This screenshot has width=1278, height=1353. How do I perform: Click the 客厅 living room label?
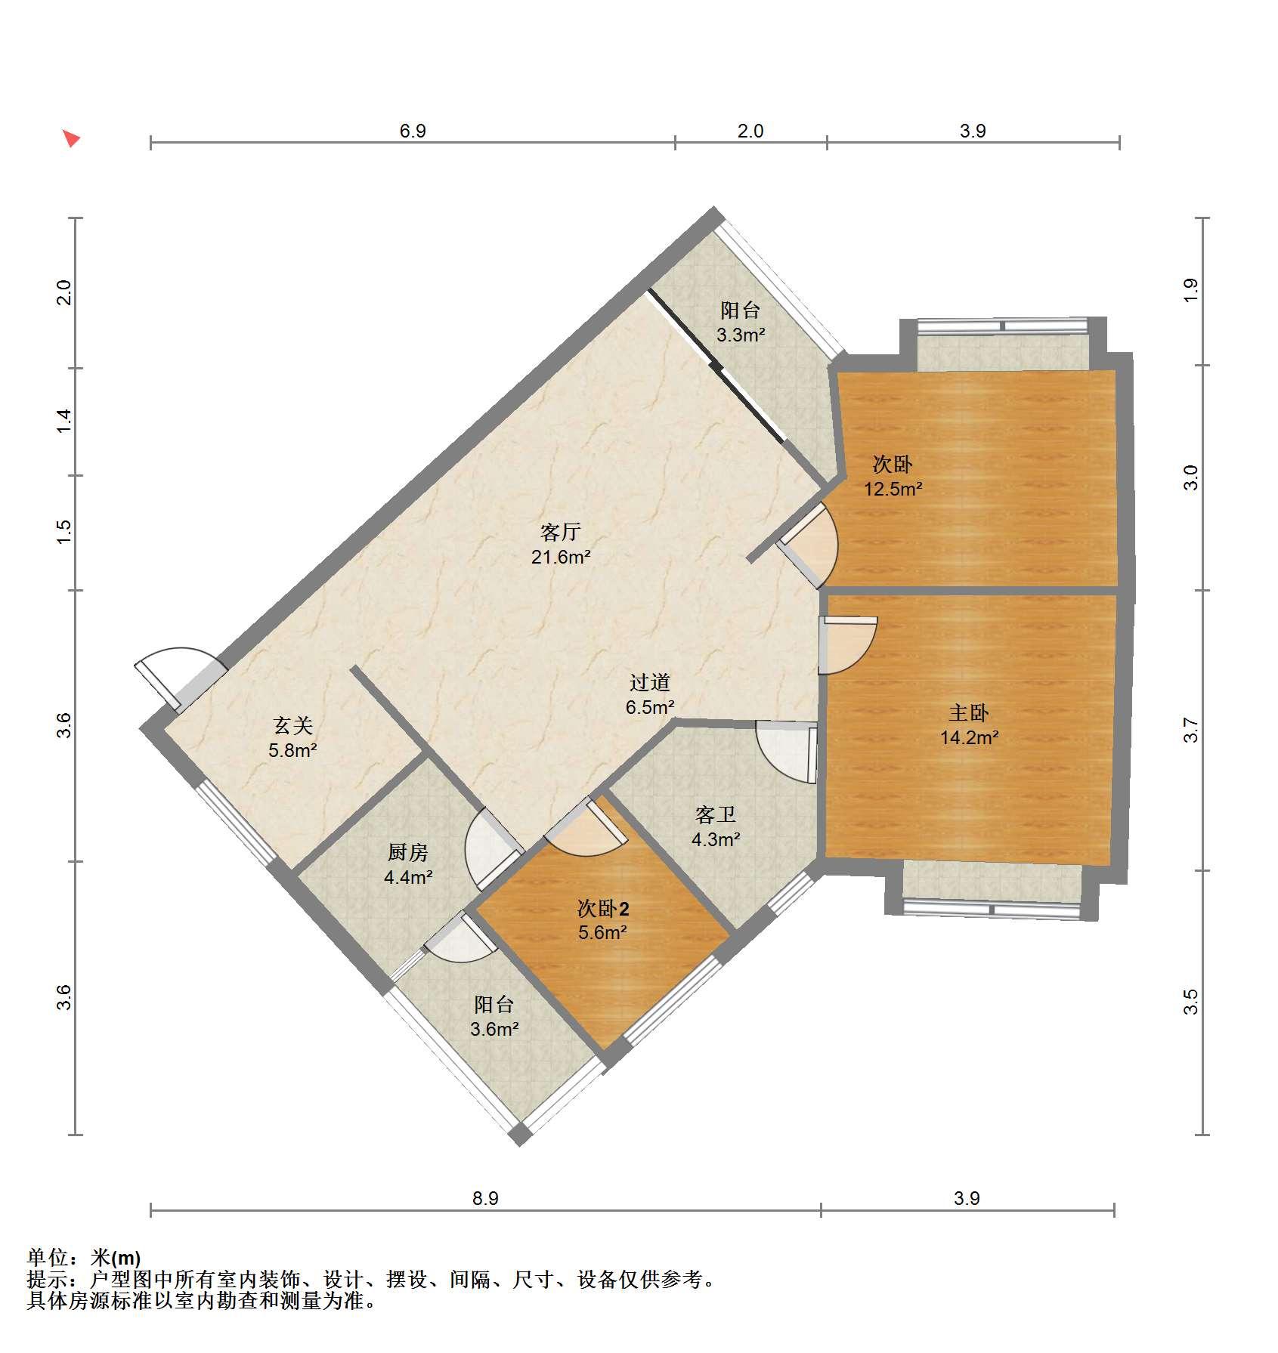click(560, 532)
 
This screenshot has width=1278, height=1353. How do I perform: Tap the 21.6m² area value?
click(560, 558)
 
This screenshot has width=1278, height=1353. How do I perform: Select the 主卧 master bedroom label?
click(969, 712)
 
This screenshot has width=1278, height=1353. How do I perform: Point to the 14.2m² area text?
click(969, 738)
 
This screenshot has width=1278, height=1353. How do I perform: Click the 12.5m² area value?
click(893, 489)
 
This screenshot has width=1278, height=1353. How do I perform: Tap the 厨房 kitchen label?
click(408, 852)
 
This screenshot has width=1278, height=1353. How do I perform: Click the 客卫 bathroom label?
click(715, 814)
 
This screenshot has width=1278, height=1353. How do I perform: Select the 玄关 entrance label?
click(292, 725)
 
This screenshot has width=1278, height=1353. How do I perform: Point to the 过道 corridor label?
click(650, 682)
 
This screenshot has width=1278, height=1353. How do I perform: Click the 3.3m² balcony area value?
click(741, 335)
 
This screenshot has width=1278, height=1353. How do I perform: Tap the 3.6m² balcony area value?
click(494, 1029)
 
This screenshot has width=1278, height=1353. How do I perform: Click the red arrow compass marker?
click(71, 138)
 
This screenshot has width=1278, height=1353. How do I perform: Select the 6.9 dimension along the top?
click(413, 131)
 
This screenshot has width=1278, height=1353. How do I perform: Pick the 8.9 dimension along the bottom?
click(485, 1197)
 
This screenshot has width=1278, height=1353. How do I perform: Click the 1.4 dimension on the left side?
click(65, 420)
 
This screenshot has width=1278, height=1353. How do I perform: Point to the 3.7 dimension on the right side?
click(1191, 730)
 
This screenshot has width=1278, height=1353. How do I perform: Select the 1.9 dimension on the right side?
click(1191, 290)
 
